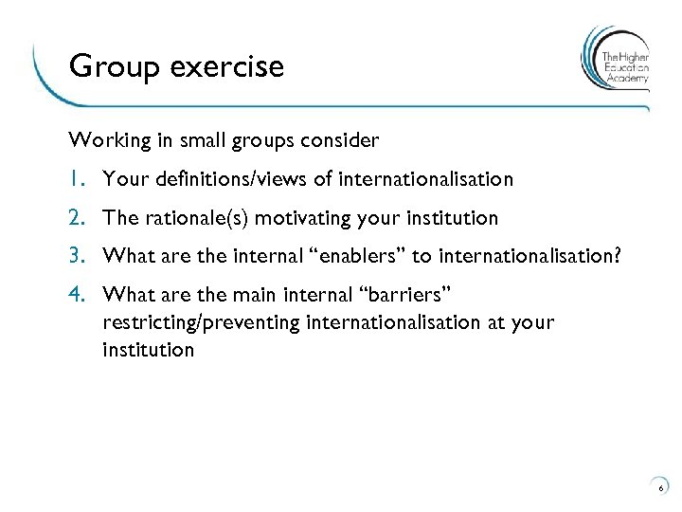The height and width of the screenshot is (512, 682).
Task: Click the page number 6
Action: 660,487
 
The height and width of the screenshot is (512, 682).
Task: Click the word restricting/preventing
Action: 202,322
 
